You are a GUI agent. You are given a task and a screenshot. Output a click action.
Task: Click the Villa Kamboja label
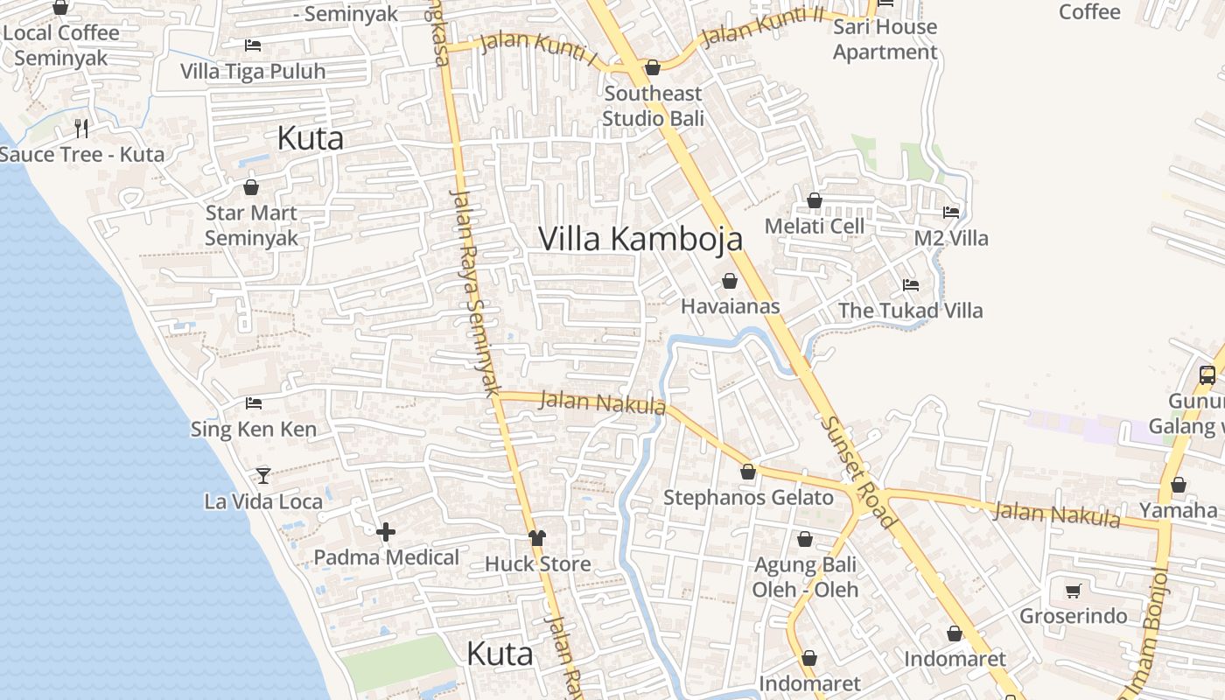coord(640,239)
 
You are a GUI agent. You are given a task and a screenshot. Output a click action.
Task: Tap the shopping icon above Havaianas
coord(729,281)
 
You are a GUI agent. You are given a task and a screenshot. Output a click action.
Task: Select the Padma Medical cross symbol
coord(386,531)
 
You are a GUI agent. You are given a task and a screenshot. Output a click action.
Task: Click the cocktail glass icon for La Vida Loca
coord(262,475)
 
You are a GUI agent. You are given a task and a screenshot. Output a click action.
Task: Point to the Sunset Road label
coord(858,472)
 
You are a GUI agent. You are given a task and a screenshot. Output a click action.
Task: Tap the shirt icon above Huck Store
coord(537,537)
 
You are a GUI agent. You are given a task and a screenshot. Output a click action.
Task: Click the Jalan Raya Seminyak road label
coord(475,293)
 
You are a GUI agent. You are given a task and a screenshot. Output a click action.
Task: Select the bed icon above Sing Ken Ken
coord(254,402)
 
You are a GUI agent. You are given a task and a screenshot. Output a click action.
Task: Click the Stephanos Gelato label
coord(748,498)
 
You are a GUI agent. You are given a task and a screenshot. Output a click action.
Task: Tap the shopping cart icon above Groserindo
coord(1073,591)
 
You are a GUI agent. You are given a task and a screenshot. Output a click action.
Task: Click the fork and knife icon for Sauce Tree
coord(81,129)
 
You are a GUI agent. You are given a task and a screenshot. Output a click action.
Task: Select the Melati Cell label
coord(814,226)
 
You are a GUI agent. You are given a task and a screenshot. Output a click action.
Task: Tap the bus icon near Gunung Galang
coord(1207,375)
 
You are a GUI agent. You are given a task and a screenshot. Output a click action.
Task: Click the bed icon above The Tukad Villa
coord(910,284)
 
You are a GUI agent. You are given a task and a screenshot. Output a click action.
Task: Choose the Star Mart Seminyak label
coord(251,225)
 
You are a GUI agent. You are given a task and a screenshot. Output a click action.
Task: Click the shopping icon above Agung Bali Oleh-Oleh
coord(804,539)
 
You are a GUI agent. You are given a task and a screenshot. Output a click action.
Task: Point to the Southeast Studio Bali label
coord(653,105)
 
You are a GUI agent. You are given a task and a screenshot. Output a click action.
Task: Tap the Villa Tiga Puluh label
coord(253,72)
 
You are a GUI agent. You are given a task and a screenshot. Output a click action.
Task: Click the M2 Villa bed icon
coord(951,212)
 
